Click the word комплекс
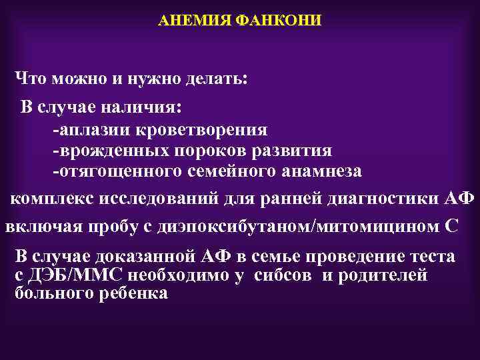pyautogui.click(x=53, y=199)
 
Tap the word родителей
pyautogui.click(x=383, y=275)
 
